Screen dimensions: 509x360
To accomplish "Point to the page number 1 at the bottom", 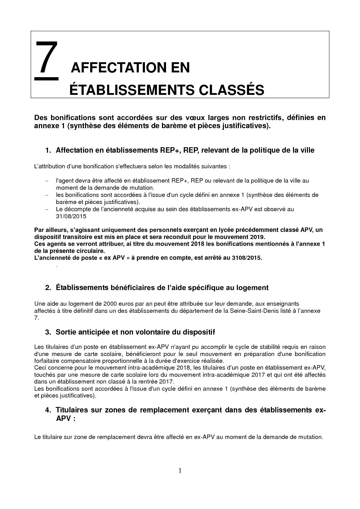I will click(180, 471).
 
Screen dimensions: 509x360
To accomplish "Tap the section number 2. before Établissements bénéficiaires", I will click(48, 288).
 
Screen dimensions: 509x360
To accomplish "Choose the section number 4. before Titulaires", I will click(48, 410).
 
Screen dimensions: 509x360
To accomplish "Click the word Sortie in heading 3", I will click(66, 332).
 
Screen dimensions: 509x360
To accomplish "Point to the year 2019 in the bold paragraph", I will click(257, 237).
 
